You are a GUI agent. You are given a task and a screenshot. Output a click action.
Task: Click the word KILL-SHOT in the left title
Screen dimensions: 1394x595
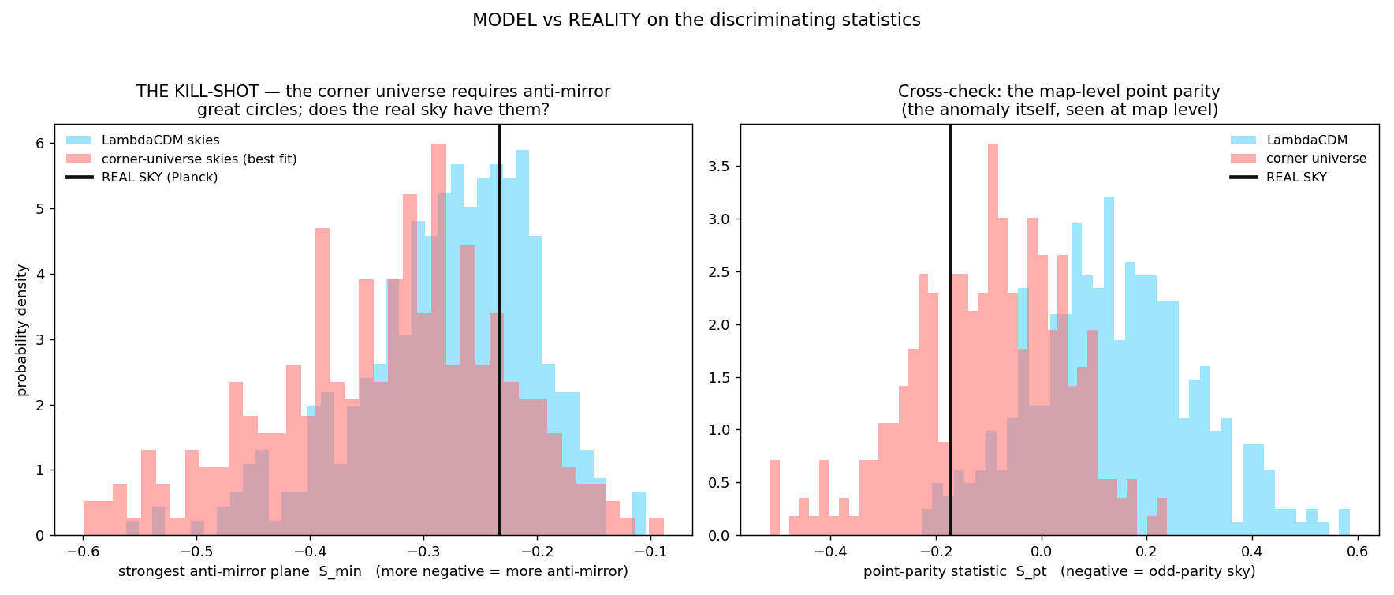coord(216,92)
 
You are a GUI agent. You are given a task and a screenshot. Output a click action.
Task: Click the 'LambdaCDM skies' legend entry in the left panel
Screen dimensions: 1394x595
coord(143,140)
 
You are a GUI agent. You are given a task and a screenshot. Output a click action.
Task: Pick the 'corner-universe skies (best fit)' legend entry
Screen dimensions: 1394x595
coord(181,159)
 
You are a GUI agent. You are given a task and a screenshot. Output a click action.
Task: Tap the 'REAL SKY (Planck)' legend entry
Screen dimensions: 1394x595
coord(142,177)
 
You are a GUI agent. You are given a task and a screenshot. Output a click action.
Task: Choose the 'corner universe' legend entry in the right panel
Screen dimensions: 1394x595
coord(1298,159)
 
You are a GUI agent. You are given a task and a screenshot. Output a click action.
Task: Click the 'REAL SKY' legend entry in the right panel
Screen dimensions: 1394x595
coord(1278,177)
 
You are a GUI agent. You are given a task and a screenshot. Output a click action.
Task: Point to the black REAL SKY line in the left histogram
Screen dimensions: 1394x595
coord(499,330)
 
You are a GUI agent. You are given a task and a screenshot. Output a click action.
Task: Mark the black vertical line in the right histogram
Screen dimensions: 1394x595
coord(950,330)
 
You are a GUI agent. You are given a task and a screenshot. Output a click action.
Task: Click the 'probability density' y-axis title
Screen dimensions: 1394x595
coord(22,330)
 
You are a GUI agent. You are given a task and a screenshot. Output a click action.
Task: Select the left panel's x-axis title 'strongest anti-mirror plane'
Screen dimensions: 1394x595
coord(214,571)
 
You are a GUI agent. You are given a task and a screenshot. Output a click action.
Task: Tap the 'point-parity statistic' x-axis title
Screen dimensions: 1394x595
coord(955,571)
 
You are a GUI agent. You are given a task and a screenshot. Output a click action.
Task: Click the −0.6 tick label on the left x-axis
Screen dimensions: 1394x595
coord(83,551)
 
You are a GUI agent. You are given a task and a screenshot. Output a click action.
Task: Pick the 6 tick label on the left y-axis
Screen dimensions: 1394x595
coord(39,144)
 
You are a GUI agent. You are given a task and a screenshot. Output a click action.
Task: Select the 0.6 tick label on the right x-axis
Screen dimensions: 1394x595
coord(1358,551)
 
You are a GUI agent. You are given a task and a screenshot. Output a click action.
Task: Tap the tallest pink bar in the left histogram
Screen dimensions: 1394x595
coord(439,339)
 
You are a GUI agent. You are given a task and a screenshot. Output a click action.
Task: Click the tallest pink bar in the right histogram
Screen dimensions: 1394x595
coord(993,339)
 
